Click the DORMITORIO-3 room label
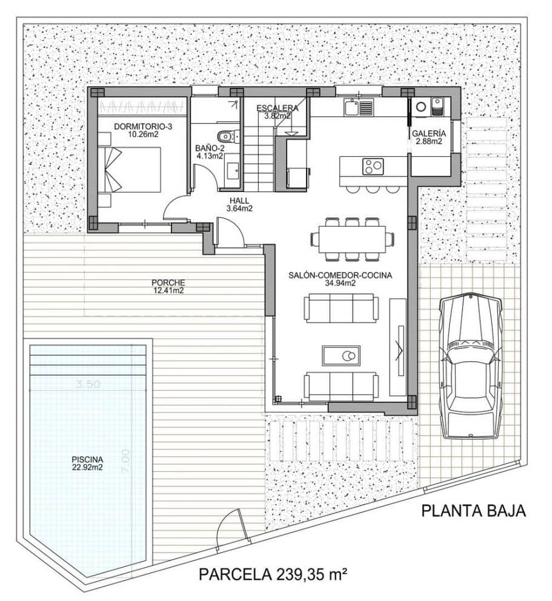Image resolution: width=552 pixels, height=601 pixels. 140,127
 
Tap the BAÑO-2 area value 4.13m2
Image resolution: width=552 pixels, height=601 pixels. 210,156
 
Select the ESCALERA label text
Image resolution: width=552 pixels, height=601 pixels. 278,108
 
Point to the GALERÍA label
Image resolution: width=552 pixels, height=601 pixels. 429,133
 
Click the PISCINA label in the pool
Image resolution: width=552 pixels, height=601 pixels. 87,459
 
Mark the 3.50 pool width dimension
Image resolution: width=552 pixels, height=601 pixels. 88,384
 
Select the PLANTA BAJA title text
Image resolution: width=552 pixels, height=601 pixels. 473,511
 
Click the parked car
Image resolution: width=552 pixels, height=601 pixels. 471,365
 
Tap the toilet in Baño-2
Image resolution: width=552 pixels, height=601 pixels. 225,134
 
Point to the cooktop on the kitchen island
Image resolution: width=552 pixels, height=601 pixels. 372,164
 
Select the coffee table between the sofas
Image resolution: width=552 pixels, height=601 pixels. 341,356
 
